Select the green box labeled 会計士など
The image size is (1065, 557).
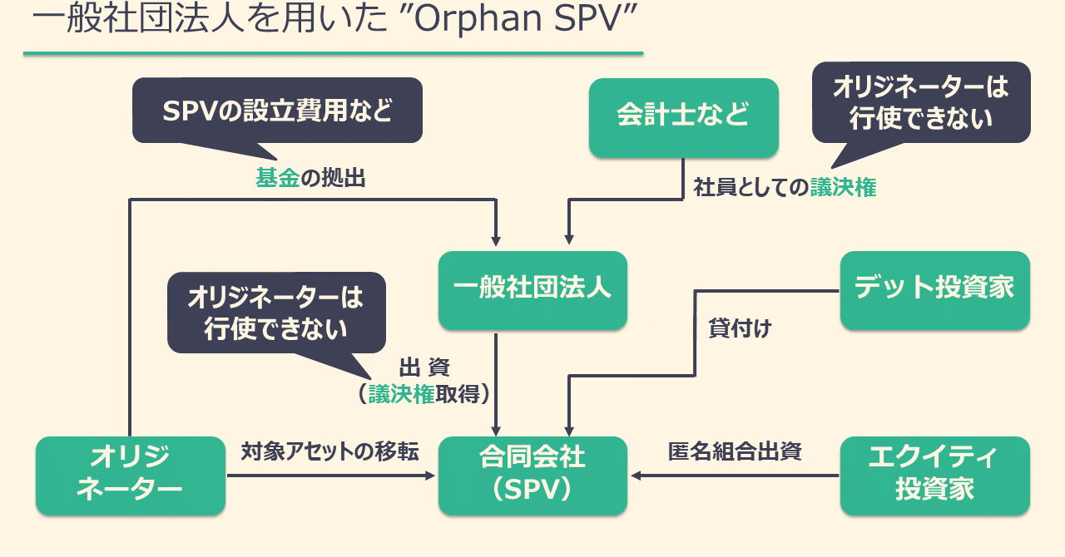(683, 116)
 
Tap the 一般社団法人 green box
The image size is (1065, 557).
(532, 289)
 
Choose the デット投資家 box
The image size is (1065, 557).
(934, 289)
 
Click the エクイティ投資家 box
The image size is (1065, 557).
(934, 475)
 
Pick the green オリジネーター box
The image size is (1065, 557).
(131, 475)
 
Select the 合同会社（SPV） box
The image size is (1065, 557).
(532, 475)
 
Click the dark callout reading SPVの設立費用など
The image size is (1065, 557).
(277, 111)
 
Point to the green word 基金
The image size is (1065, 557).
(277, 178)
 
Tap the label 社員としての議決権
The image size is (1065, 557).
(785, 188)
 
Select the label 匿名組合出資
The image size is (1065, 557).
(735, 451)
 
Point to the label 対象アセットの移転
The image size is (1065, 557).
(329, 451)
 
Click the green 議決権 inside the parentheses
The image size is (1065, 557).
(401, 394)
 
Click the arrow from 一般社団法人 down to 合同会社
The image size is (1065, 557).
(497, 382)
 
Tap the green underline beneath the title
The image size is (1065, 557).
(333, 54)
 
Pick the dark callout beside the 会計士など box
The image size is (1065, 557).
(920, 101)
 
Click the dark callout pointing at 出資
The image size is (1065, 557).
(276, 313)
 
